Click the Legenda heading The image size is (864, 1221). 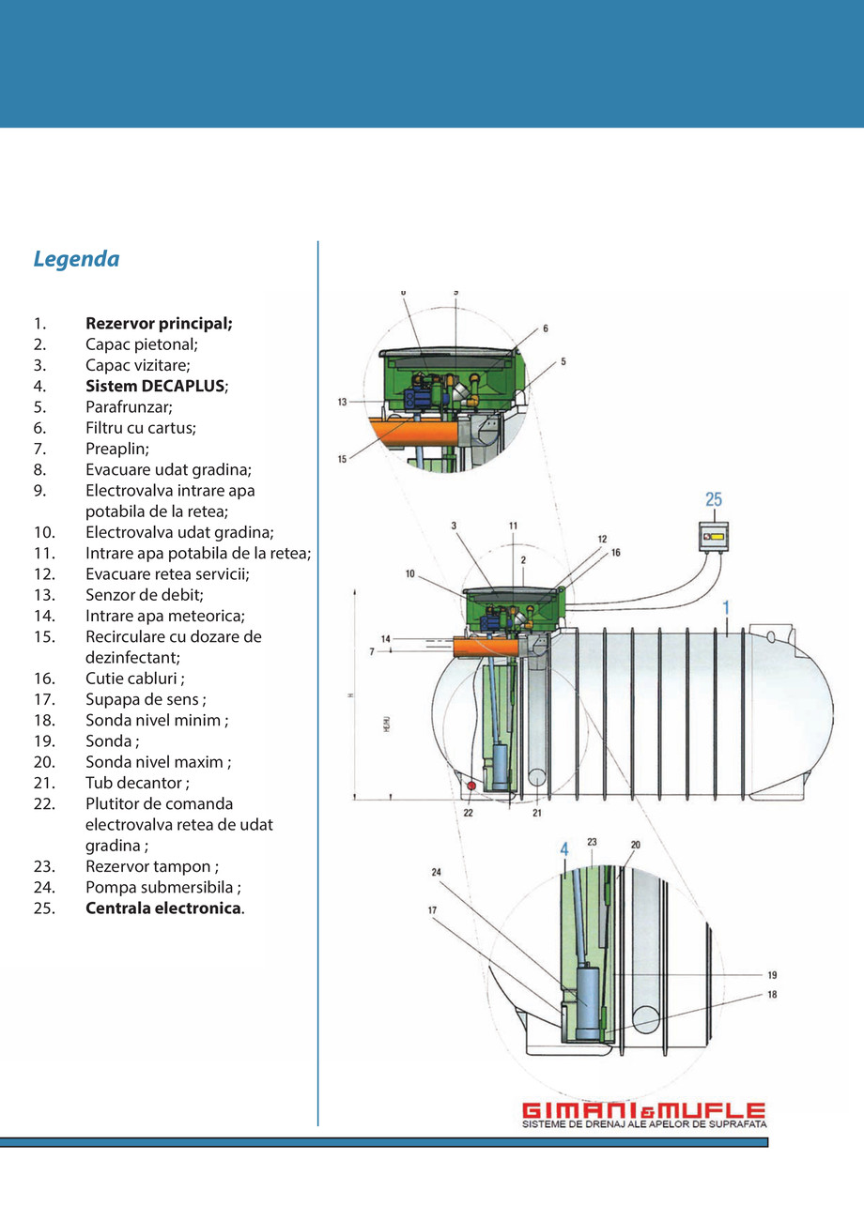(76, 259)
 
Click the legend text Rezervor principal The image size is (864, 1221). (159, 324)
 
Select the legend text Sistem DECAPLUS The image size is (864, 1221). (156, 386)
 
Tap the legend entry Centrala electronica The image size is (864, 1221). (164, 908)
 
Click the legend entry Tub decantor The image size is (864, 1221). (137, 783)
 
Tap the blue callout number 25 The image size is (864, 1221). (714, 500)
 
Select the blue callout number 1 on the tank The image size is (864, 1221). (726, 609)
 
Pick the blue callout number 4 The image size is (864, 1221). (564, 850)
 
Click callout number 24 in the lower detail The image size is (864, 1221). (437, 872)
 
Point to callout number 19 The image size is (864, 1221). (772, 975)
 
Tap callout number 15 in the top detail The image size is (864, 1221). (343, 459)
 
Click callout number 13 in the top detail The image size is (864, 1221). (343, 402)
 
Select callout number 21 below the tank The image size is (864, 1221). (536, 813)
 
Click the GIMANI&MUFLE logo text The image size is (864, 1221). (643, 1110)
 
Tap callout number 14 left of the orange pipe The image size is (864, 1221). (386, 638)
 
